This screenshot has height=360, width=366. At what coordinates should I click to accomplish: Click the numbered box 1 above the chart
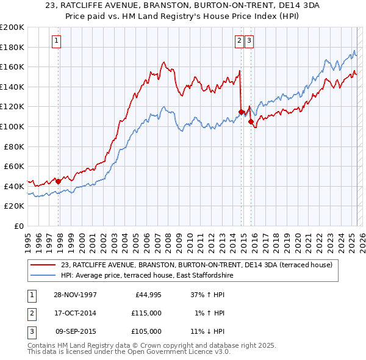[x=56, y=41]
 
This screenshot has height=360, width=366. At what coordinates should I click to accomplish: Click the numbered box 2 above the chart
[x=239, y=41]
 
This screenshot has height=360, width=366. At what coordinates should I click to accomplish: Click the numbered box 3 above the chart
[x=250, y=41]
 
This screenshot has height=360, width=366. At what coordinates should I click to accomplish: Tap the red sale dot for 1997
[x=59, y=181]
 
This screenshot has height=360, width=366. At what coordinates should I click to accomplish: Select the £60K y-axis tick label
[x=14, y=166]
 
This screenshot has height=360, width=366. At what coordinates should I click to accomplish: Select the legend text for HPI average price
[x=146, y=275]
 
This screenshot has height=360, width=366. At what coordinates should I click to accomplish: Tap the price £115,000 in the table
[x=146, y=313]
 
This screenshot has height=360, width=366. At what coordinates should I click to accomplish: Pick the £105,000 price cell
[x=146, y=331]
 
